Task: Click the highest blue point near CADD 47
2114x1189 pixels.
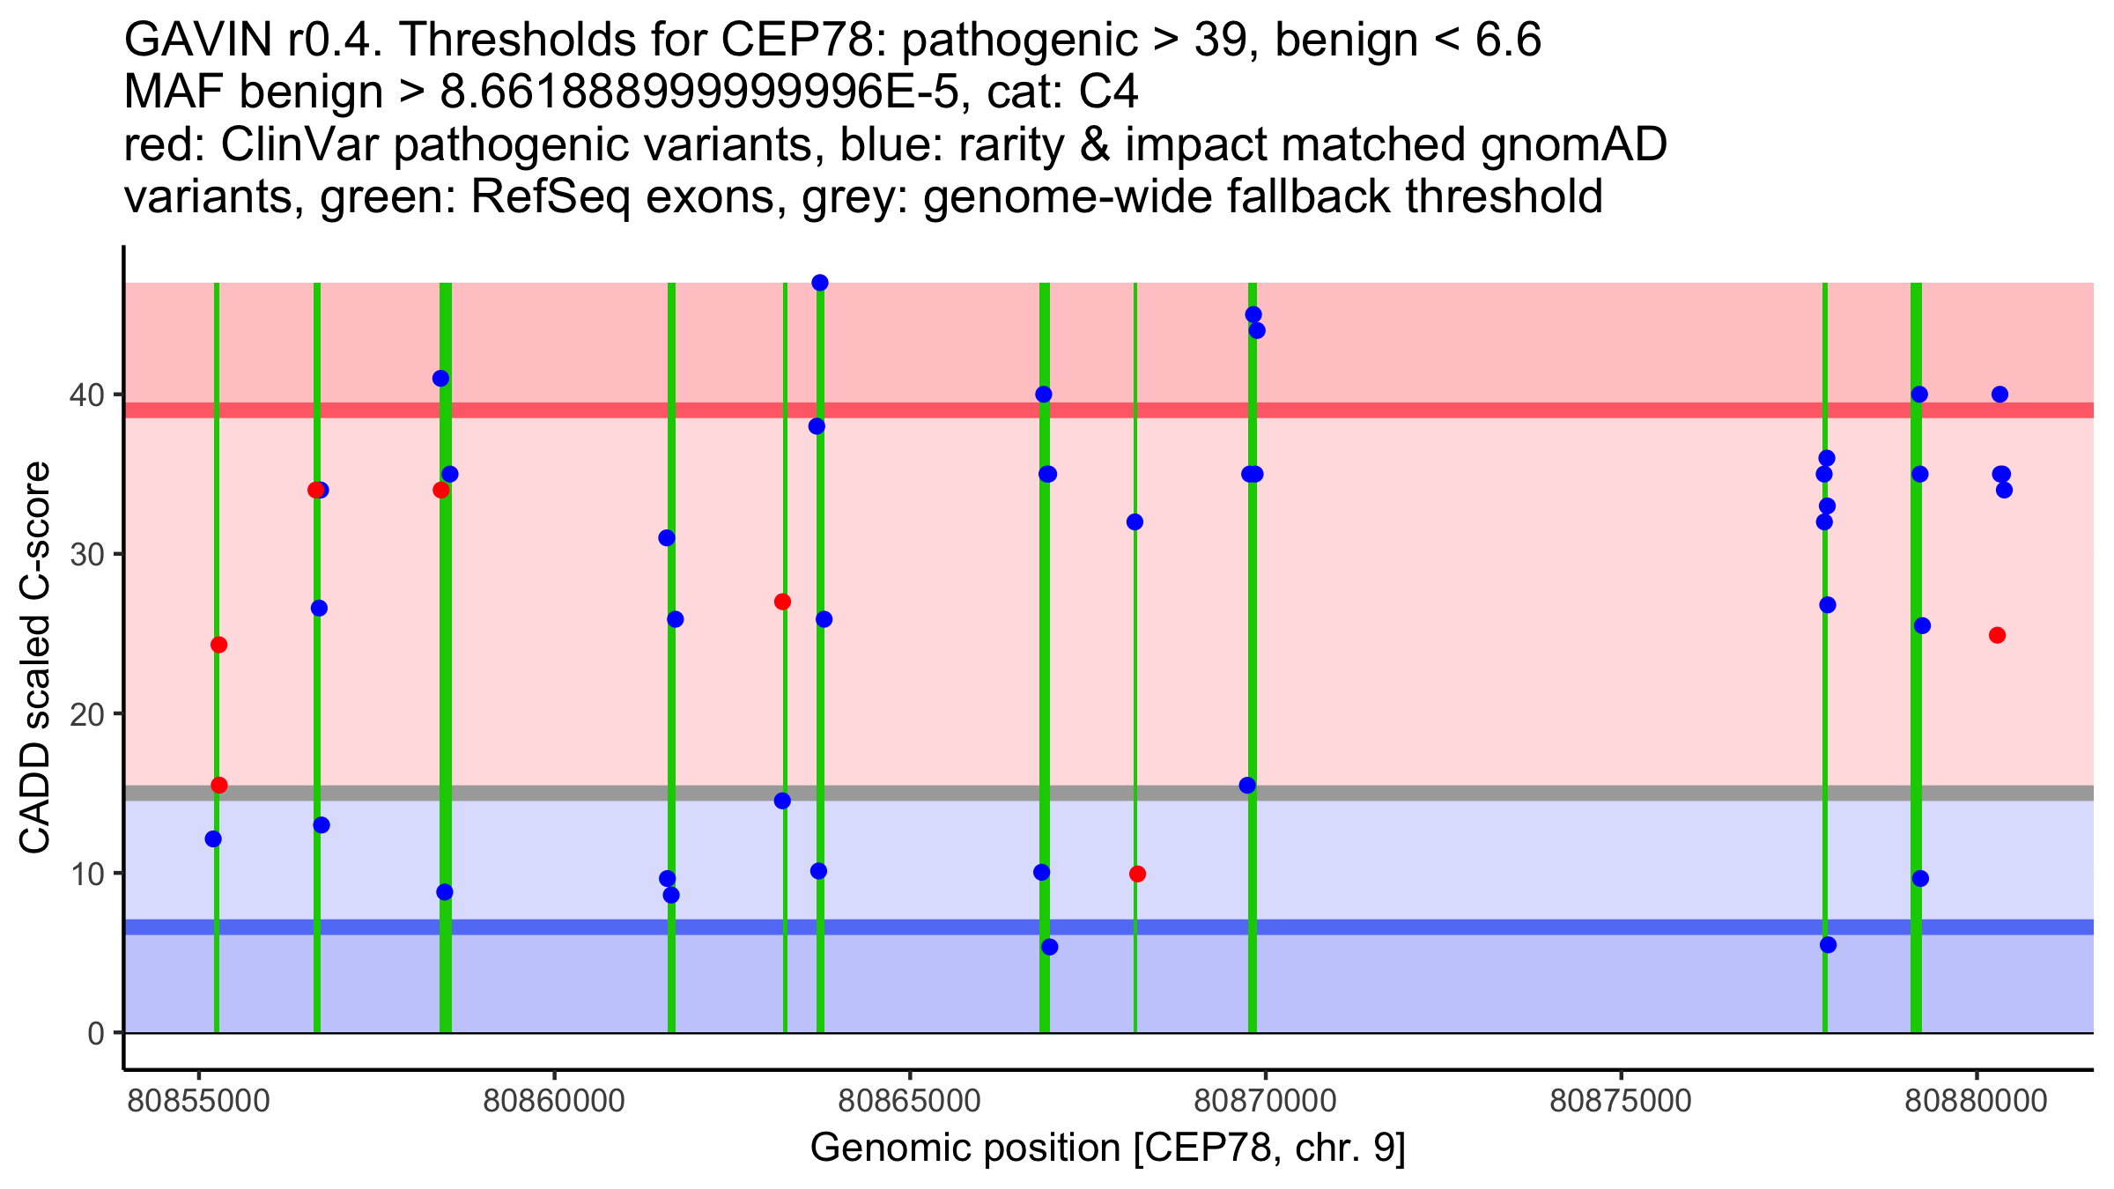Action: (x=819, y=283)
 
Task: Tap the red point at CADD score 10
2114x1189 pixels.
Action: (x=1137, y=874)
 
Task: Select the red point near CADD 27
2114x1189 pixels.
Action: (x=782, y=602)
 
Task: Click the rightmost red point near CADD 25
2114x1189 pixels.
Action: (x=1997, y=635)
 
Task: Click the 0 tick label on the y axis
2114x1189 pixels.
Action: (x=96, y=1033)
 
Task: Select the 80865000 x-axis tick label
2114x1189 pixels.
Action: (x=909, y=1102)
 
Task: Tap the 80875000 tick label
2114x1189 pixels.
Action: (x=1620, y=1102)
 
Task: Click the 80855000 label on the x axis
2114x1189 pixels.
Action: (x=199, y=1102)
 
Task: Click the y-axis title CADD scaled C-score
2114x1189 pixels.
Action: (x=35, y=659)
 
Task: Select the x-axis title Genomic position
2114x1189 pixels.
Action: (x=1107, y=1148)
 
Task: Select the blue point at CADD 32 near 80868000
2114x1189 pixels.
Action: (x=1135, y=522)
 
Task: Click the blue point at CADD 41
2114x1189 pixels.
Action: (x=440, y=379)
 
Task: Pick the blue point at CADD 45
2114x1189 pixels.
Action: (x=1253, y=314)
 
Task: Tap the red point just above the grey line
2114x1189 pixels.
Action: (x=219, y=785)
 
